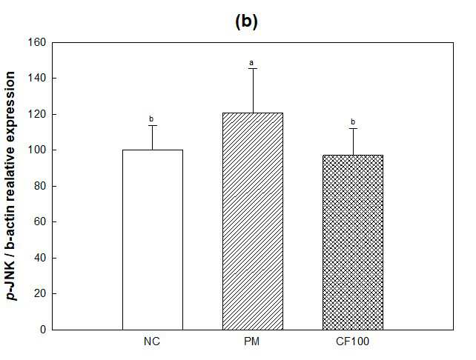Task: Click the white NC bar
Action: (x=153, y=239)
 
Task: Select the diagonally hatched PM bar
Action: (x=253, y=221)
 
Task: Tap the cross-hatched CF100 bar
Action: (x=353, y=242)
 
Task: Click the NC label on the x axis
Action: (x=152, y=341)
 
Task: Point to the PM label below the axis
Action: (x=252, y=341)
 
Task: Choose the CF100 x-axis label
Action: (x=352, y=341)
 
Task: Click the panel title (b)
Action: (x=246, y=21)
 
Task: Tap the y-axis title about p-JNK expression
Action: (x=11, y=186)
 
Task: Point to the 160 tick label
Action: (x=37, y=42)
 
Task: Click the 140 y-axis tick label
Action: (x=37, y=78)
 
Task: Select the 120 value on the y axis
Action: (x=37, y=114)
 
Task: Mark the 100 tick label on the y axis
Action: (x=37, y=150)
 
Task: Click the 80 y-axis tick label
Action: (x=40, y=186)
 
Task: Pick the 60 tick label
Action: (x=40, y=221)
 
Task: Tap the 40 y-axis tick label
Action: (x=40, y=258)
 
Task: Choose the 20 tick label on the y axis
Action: (x=40, y=293)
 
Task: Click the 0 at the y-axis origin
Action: (x=43, y=330)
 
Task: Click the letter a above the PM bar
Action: (x=251, y=63)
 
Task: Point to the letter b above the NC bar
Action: (x=151, y=119)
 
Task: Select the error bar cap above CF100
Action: (x=353, y=129)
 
